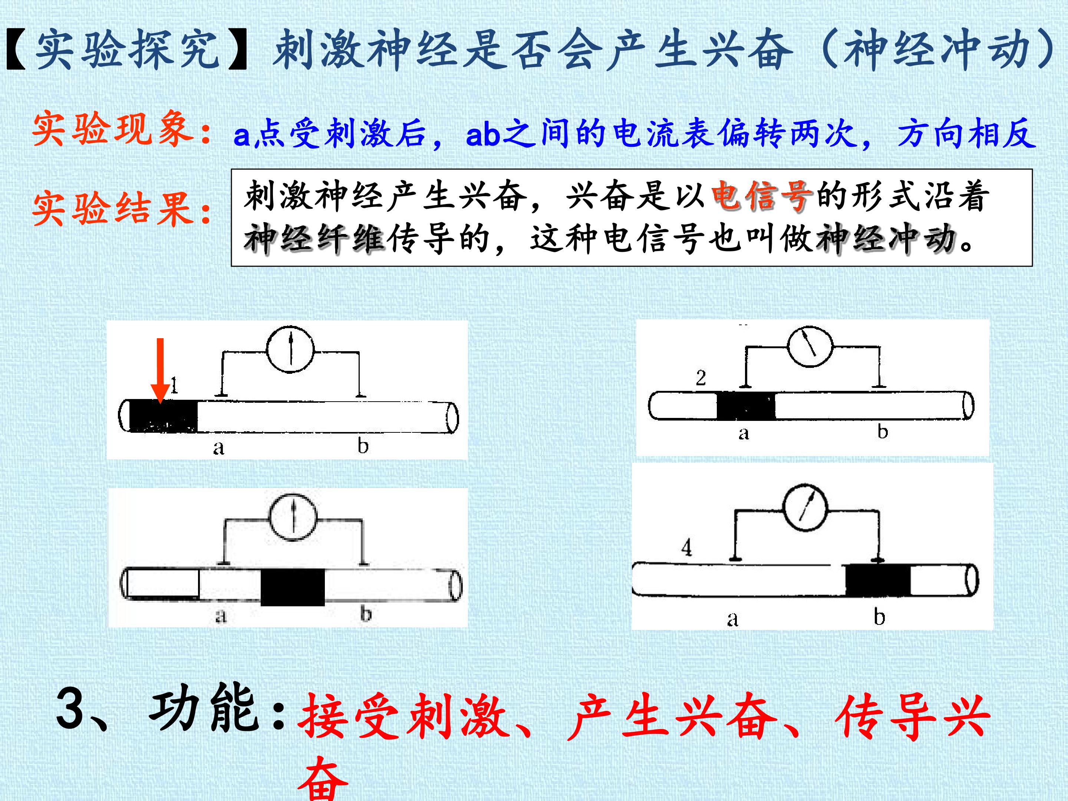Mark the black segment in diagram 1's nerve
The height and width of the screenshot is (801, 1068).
click(164, 416)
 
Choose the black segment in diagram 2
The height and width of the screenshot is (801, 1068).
click(746, 406)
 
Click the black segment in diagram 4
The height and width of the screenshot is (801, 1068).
click(878, 579)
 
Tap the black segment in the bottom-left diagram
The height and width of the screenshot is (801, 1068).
click(293, 587)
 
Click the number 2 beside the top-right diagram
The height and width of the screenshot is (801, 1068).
click(701, 378)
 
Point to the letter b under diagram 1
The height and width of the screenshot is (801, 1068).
click(363, 445)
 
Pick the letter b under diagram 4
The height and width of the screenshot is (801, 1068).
click(880, 617)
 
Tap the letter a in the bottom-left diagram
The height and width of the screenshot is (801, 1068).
click(221, 616)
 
